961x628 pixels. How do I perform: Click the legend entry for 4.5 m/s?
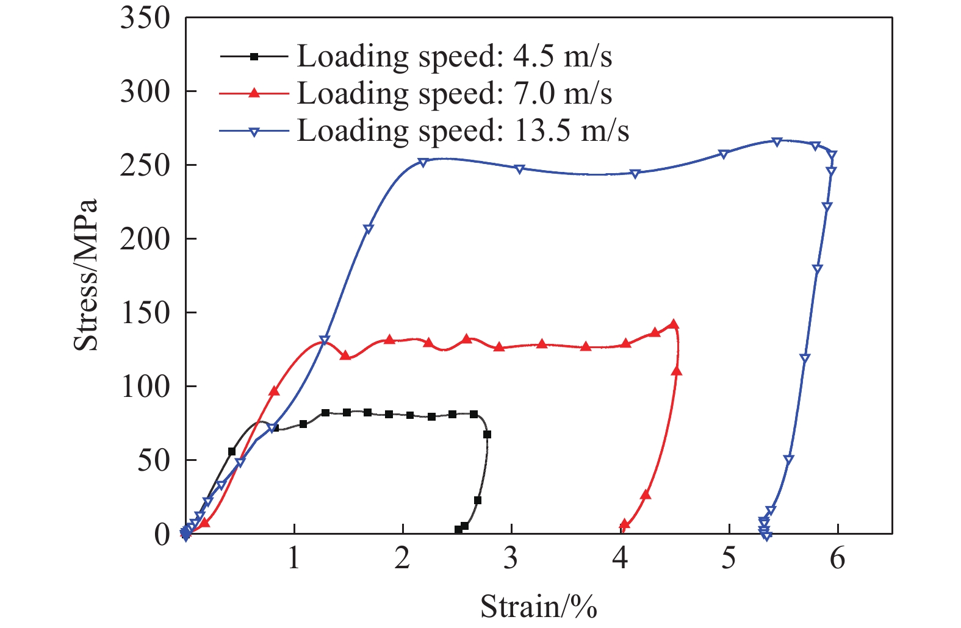454,56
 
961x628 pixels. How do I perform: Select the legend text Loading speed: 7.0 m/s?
454,93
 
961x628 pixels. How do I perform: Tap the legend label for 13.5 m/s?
463,130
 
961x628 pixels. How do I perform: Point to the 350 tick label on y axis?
145,18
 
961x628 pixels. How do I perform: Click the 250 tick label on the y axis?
145,165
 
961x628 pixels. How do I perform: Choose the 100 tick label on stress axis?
145,387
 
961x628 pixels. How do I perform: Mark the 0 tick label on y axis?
162,534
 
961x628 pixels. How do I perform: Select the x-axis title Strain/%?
538,607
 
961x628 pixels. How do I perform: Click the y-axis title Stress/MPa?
85,276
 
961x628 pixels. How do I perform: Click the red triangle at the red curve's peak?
674,324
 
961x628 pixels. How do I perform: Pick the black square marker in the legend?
254,56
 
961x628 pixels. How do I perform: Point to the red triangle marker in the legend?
254,93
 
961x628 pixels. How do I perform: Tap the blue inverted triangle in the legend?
254,131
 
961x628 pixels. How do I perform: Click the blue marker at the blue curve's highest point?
777,141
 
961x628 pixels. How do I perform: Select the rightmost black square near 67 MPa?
487,435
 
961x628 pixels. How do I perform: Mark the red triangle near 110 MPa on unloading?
677,371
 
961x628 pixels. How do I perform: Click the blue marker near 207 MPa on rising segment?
368,229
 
